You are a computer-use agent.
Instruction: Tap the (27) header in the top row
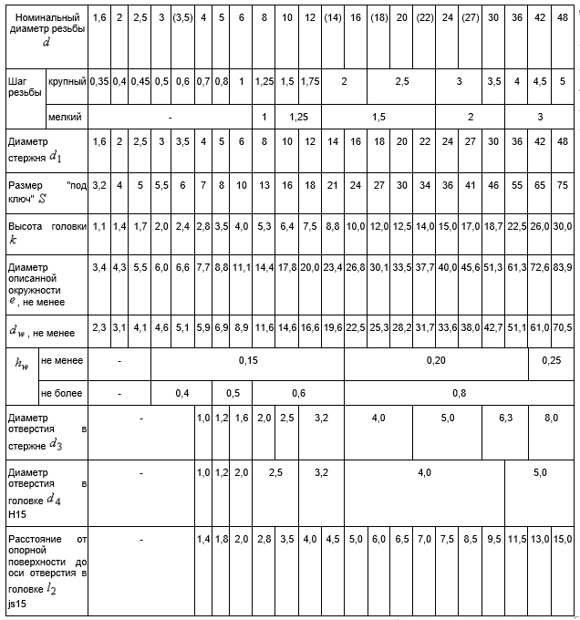470,18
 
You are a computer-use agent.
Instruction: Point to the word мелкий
65,117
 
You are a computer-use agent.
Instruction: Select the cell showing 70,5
563,327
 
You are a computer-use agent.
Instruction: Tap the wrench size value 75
563,185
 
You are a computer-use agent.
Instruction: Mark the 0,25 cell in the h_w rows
552,361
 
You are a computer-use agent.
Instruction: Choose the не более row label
61,394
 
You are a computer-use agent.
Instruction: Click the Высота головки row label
47,225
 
